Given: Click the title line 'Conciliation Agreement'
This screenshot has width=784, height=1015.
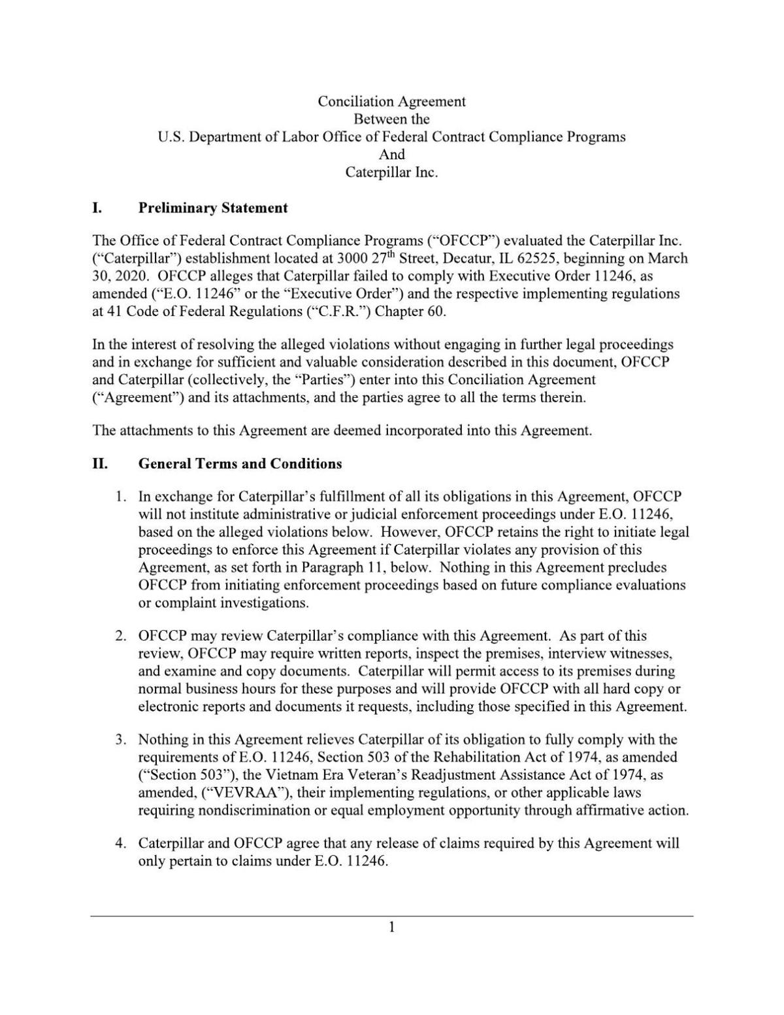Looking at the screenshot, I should click(x=391, y=102).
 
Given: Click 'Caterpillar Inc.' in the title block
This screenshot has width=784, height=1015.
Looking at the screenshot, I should click(x=391, y=172).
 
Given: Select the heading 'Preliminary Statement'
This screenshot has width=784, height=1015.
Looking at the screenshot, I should click(x=213, y=208).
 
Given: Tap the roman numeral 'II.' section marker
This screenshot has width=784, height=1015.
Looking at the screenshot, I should click(x=99, y=464).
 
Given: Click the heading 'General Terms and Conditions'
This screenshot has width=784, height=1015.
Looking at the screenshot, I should click(x=240, y=464).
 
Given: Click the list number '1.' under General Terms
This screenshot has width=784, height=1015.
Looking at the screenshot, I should click(x=120, y=497).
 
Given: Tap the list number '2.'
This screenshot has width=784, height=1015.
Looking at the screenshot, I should click(x=120, y=636).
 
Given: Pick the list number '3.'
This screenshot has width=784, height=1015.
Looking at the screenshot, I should click(x=120, y=740).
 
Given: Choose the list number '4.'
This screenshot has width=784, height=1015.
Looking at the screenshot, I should click(x=120, y=844).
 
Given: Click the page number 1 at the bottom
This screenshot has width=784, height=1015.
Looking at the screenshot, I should click(x=391, y=927).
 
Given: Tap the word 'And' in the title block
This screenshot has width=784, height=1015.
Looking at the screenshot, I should click(x=391, y=155).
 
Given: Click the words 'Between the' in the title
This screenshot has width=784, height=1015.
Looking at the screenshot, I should click(x=391, y=120).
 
